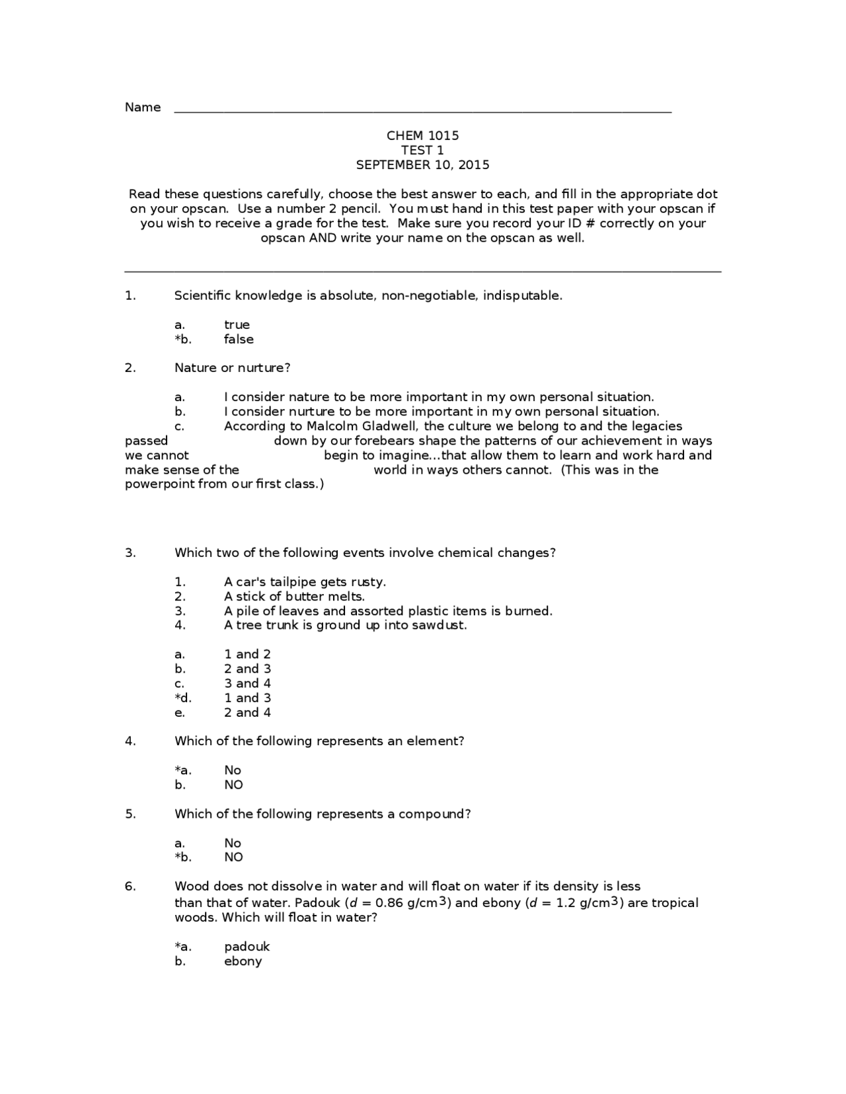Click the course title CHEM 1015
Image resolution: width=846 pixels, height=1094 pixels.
(422, 135)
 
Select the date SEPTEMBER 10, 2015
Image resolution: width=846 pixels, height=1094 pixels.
(422, 165)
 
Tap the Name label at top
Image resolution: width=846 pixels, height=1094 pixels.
(143, 108)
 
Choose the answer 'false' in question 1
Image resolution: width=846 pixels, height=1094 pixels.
(239, 340)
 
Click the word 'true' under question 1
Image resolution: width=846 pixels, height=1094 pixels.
(237, 325)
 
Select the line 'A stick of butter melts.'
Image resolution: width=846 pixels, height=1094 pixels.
(294, 597)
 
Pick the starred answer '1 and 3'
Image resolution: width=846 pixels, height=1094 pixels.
(247, 698)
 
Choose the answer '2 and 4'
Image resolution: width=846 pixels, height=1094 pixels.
(247, 713)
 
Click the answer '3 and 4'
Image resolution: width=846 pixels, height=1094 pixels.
(247, 684)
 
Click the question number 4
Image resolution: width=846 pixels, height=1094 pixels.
(130, 741)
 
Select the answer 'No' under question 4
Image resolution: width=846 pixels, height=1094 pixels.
(233, 770)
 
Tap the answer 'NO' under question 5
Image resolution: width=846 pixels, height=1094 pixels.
(233, 857)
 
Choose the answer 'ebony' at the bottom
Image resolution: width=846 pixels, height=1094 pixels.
(243, 962)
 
